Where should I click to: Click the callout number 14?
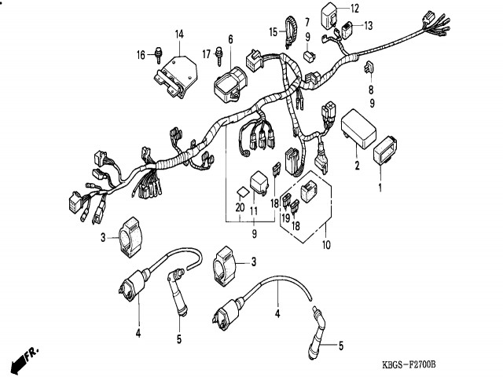[x=178, y=34]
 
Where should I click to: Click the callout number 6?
[x=231, y=39]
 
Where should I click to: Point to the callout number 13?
[x=369, y=26]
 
